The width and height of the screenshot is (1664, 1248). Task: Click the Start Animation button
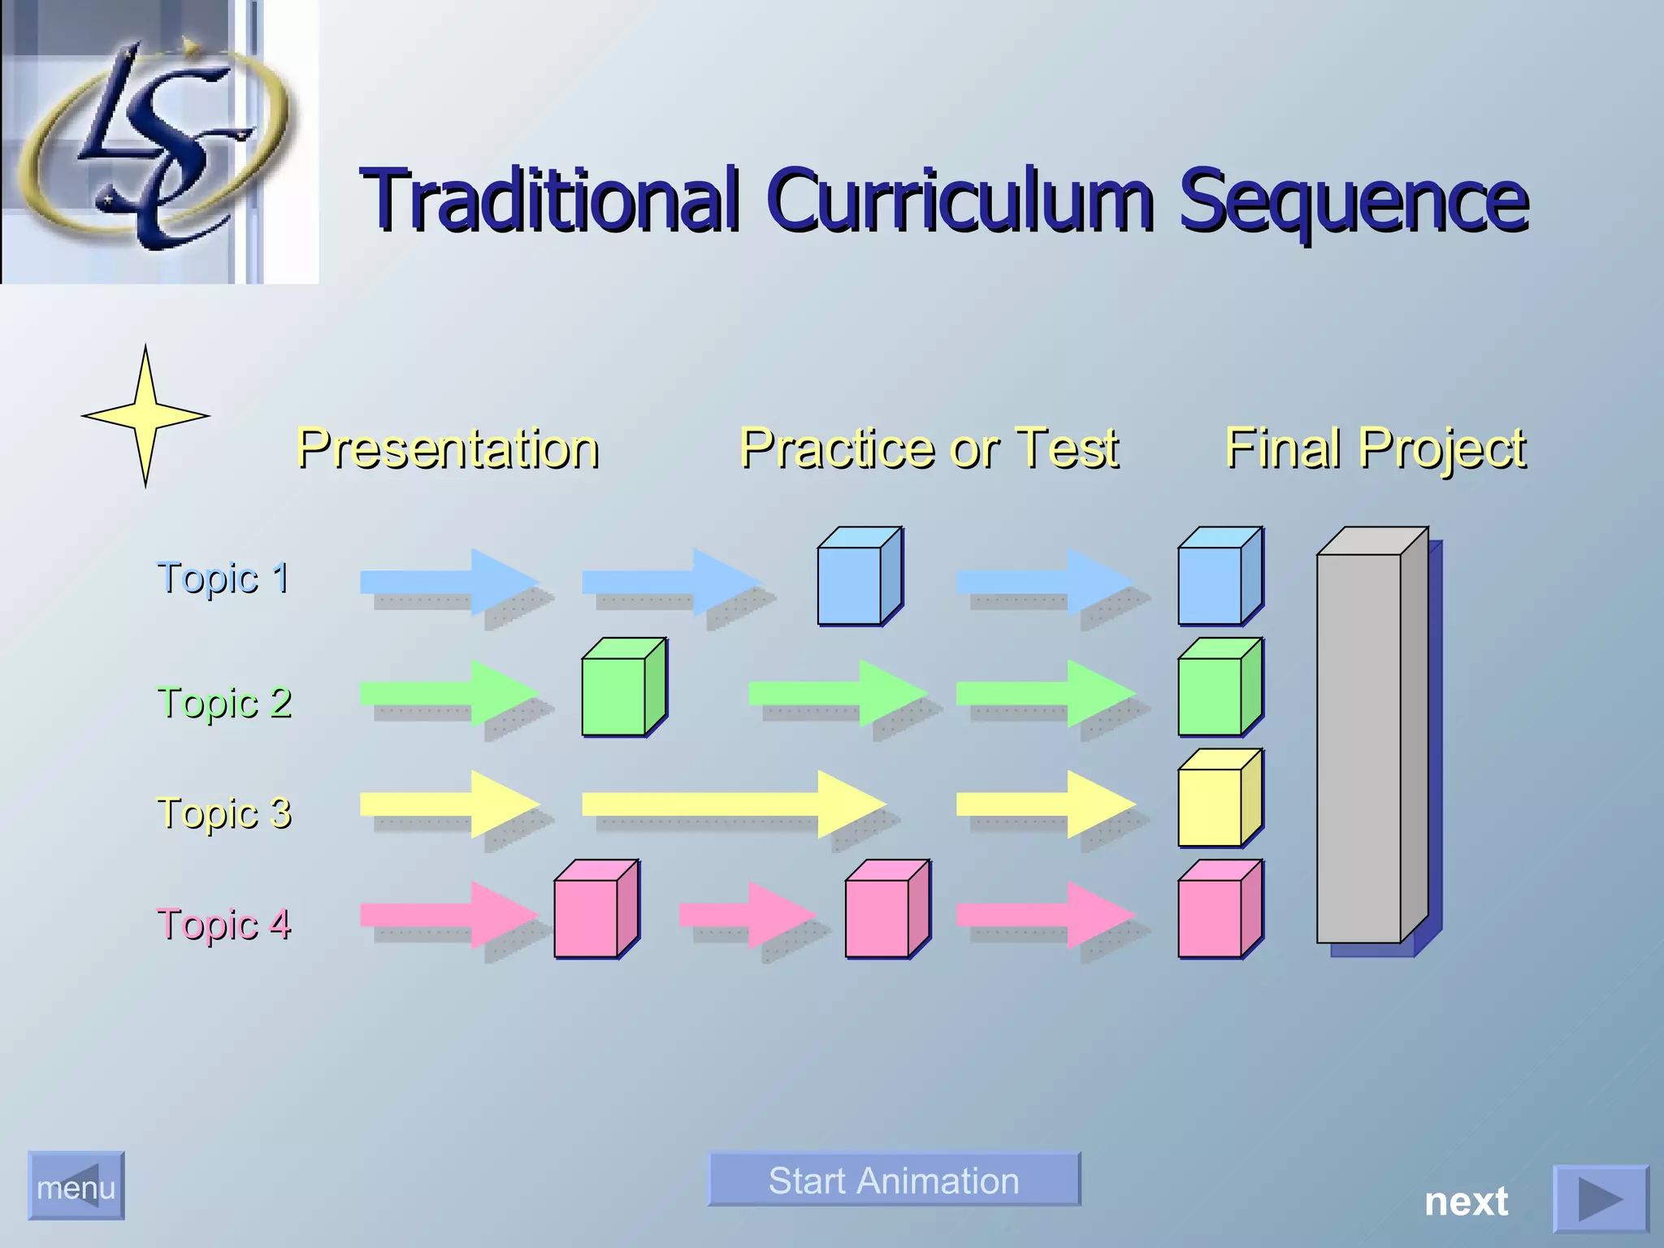pyautogui.click(x=894, y=1180)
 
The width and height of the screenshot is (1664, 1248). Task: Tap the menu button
pyautogui.click(x=76, y=1186)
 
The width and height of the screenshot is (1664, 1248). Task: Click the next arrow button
pyautogui.click(x=1599, y=1199)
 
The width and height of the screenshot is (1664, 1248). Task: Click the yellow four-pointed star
pyautogui.click(x=145, y=416)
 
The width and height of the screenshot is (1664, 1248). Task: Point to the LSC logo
pyautogui.click(x=154, y=142)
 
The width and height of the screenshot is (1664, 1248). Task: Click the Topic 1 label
pyautogui.click(x=223, y=578)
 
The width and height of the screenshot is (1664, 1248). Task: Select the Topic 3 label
pyautogui.click(x=223, y=813)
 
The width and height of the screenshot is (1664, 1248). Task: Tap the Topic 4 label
pyautogui.click(x=223, y=925)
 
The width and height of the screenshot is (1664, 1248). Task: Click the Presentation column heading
pyautogui.click(x=448, y=448)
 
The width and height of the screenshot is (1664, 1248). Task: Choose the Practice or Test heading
pyautogui.click(x=929, y=448)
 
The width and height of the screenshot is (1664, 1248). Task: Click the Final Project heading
pyautogui.click(x=1375, y=448)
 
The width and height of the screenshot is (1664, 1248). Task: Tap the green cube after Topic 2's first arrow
pyautogui.click(x=618, y=691)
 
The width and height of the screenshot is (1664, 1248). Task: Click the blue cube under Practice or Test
pyautogui.click(x=854, y=580)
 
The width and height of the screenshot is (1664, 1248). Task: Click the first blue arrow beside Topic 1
pyautogui.click(x=447, y=581)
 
